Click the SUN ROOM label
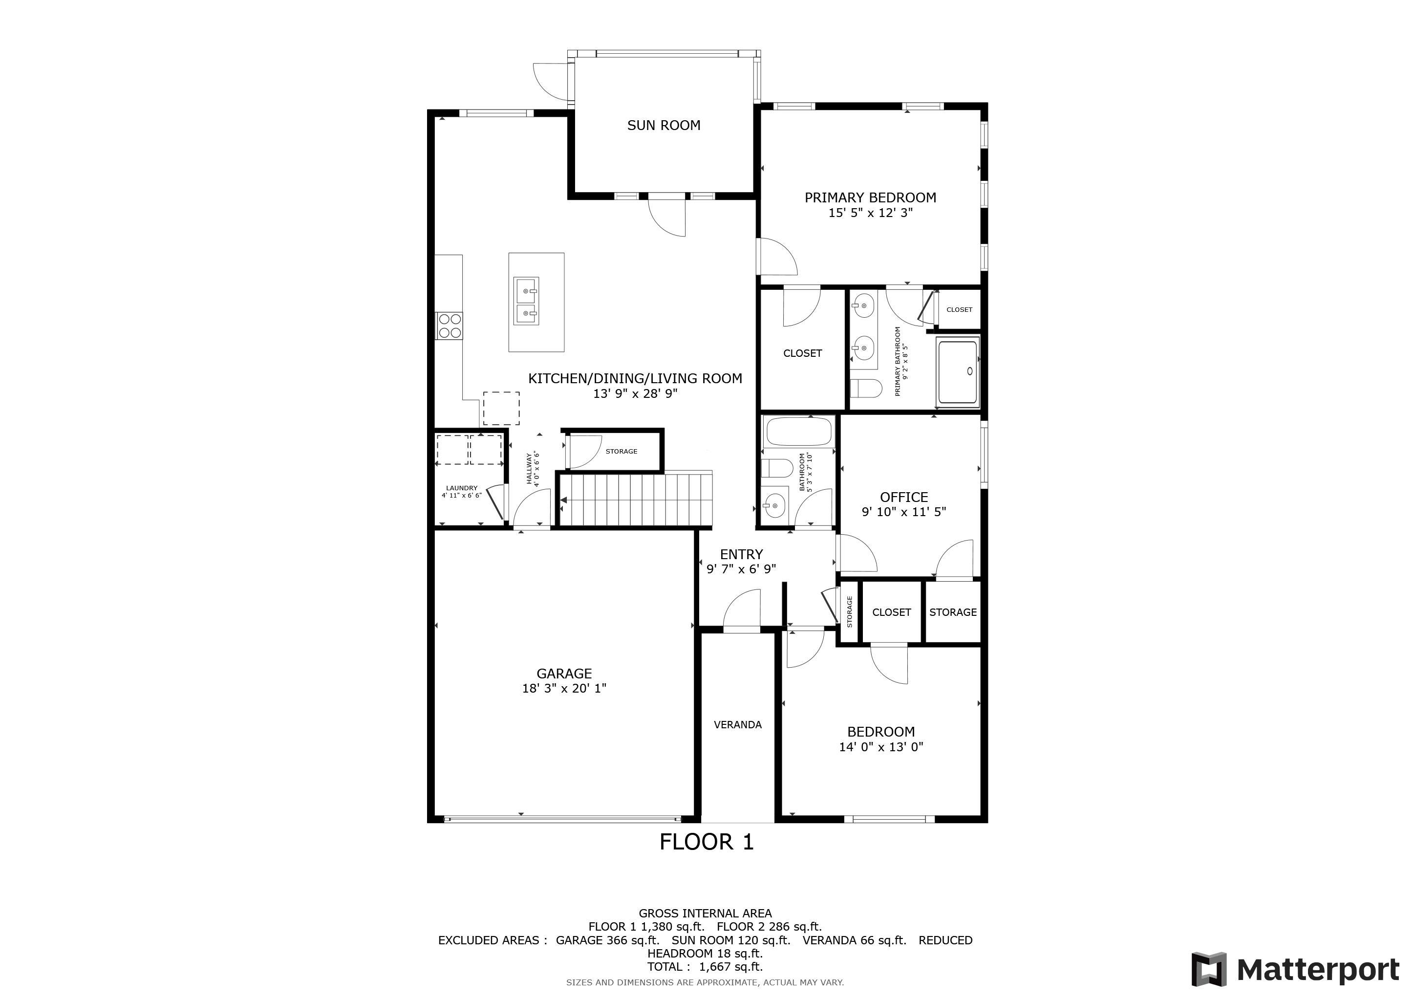(664, 125)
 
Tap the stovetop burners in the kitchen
(450, 326)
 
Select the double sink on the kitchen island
(526, 300)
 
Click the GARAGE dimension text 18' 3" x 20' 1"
(564, 689)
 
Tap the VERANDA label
(738, 725)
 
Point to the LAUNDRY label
(462, 488)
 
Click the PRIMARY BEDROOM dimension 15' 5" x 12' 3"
(870, 213)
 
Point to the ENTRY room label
(741, 554)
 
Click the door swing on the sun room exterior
(550, 80)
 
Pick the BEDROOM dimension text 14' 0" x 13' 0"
(881, 747)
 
